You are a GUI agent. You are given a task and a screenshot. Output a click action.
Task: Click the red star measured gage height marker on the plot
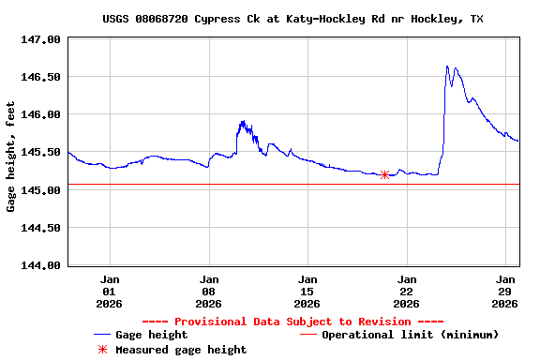tap(384, 174)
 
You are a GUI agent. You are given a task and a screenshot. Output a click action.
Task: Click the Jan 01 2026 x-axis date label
tap(111, 291)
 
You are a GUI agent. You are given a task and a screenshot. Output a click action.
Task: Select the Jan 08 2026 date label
tap(209, 291)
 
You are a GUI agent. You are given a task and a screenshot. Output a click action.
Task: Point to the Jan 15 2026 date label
tap(307, 291)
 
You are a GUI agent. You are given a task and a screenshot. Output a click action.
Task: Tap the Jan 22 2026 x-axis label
tap(407, 291)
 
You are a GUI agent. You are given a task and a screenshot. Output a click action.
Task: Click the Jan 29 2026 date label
tap(505, 291)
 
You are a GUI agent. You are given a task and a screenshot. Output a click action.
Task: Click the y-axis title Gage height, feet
tap(11, 157)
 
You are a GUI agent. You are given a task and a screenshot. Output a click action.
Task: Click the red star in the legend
tap(102, 350)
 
